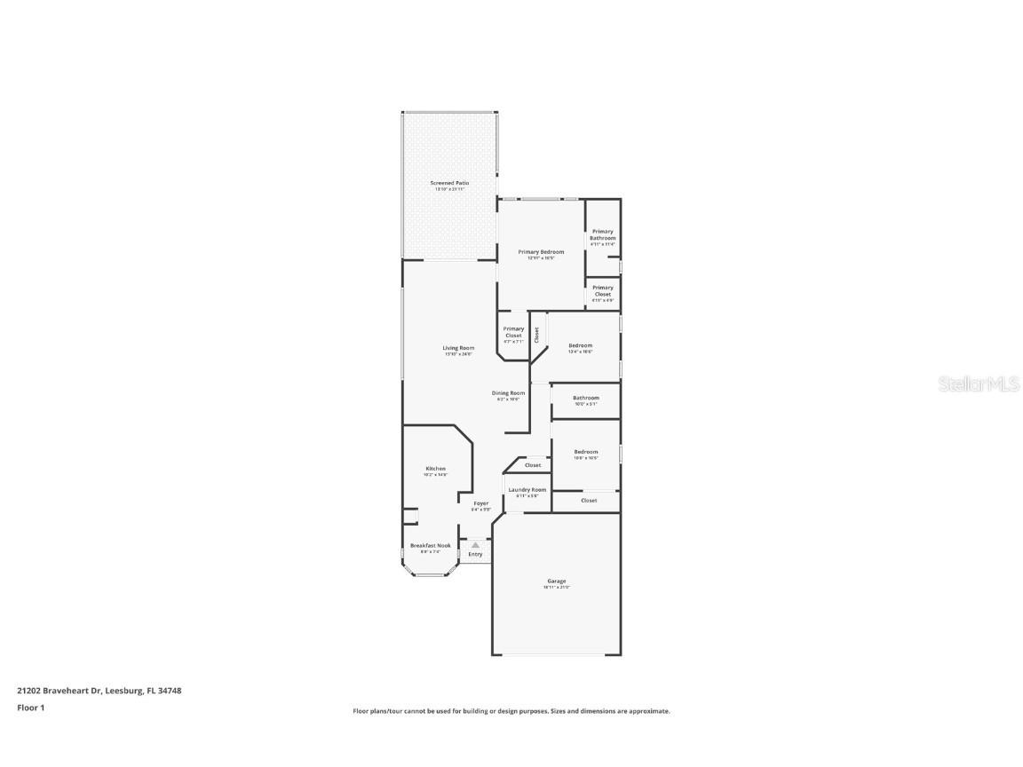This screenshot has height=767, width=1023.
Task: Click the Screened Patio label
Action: (x=449, y=183)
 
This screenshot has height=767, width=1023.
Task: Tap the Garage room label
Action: (x=556, y=581)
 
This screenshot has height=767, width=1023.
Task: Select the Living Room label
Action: (x=458, y=348)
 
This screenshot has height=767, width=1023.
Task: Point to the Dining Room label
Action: (x=508, y=393)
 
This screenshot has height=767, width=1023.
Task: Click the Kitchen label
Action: (x=435, y=469)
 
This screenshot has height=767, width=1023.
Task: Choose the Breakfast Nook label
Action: (x=430, y=545)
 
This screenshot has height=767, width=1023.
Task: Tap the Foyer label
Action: (x=480, y=503)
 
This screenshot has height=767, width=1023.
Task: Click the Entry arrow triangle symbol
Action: (x=475, y=545)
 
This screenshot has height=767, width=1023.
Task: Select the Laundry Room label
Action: (x=527, y=489)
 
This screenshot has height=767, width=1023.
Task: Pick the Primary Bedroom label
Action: (x=541, y=252)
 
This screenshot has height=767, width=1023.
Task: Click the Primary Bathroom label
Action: (x=602, y=234)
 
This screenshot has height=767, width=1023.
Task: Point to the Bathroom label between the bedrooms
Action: (x=585, y=398)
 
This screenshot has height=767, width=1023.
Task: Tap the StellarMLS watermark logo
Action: (x=981, y=383)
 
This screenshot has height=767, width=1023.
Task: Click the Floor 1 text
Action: (x=30, y=708)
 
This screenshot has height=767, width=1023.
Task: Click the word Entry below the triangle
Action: (x=475, y=555)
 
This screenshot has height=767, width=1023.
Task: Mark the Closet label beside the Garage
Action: (x=589, y=501)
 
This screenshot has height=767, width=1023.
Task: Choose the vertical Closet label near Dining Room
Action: (x=536, y=335)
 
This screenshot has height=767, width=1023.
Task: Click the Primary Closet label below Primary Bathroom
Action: (x=602, y=290)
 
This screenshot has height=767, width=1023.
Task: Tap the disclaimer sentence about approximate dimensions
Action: (x=511, y=711)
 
